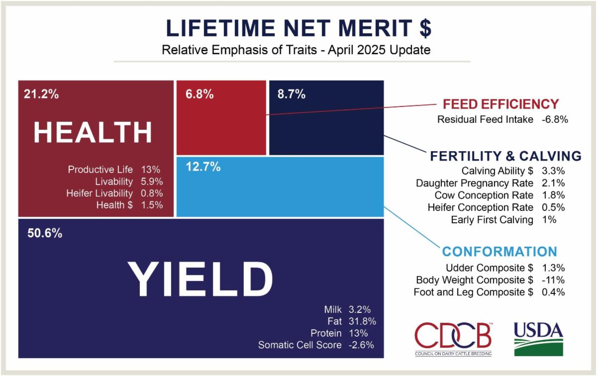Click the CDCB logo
[453, 339]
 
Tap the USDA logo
[538, 339]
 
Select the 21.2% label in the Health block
[41, 94]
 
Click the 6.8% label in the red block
[199, 94]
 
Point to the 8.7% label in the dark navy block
[292, 94]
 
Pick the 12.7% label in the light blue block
[203, 167]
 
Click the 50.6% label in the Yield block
[45, 233]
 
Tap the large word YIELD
[200, 279]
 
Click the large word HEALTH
[93, 132]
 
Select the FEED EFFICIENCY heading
[501, 104]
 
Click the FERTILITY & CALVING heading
[506, 156]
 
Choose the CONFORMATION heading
[499, 252]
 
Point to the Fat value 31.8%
[362, 321]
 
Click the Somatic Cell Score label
[300, 345]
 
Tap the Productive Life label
[100, 170]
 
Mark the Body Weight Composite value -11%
[553, 280]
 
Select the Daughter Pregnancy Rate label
[475, 183]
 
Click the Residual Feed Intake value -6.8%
[555, 119]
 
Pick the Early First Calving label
[492, 220]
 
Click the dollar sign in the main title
[425, 28]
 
